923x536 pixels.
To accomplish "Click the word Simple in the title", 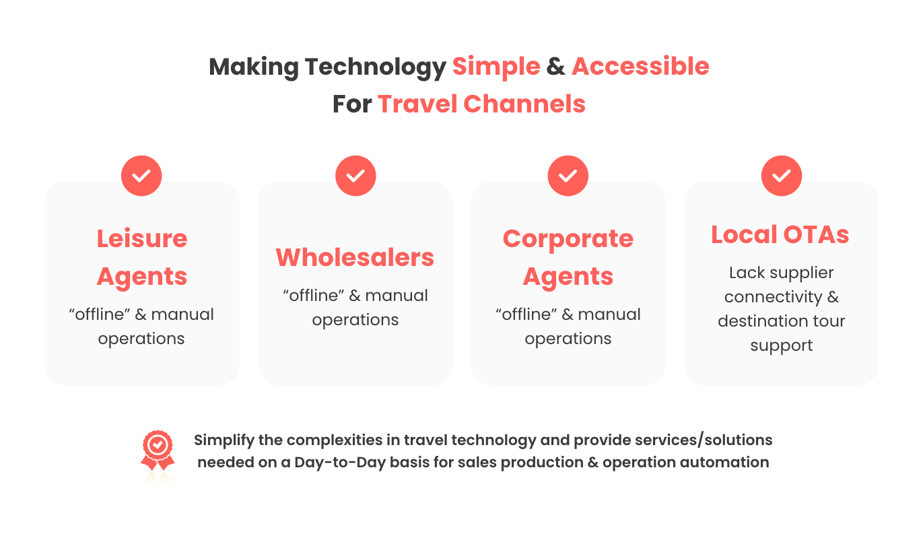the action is point(496,67).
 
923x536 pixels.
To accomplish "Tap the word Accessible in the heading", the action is point(640,67).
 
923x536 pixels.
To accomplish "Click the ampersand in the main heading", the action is point(556,67).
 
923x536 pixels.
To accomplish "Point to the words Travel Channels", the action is point(481,104).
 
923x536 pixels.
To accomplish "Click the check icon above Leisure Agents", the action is point(141,176).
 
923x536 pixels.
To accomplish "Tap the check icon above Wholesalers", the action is point(355,176).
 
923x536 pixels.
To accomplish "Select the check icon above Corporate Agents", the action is point(568,176).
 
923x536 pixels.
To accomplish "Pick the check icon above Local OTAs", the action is point(782,176).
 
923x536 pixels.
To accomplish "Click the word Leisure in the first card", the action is point(142,238).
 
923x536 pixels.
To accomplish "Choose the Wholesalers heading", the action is point(355,258).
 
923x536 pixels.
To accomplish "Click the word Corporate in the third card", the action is point(568,239).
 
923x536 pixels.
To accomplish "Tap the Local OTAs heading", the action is point(780,235).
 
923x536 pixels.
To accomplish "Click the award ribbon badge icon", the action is point(158,450).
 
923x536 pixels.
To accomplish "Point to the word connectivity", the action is point(774,297).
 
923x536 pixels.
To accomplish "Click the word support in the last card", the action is point(782,346).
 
